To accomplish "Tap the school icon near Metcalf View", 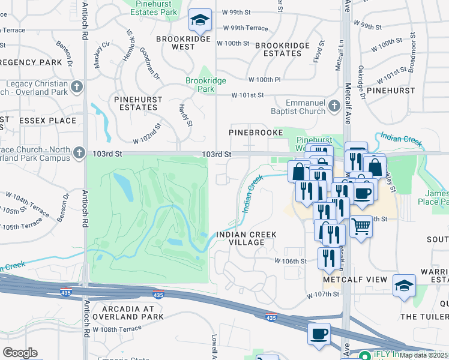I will click(405, 286).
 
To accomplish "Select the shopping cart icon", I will click(361, 227).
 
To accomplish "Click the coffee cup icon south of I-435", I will click(318, 333).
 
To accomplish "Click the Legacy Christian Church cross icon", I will click(76, 88).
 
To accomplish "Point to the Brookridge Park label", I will click(200, 84).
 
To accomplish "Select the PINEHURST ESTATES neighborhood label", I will click(135, 103).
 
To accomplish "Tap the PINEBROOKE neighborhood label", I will click(253, 131).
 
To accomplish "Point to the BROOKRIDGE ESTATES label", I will click(278, 49).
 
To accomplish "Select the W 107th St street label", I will click(323, 295).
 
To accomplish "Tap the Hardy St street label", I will click(184, 115).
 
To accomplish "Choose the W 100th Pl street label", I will click(265, 79).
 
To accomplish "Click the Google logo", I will click(20, 353).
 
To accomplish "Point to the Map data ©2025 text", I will click(424, 356).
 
